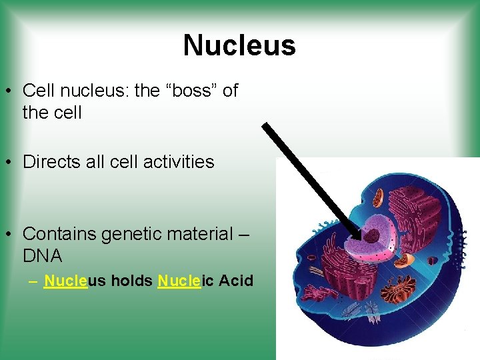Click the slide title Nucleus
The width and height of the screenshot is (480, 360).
239,45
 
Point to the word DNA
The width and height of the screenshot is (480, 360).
42,256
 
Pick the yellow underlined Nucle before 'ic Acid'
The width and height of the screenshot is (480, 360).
179,281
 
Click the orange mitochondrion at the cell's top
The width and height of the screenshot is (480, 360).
377,197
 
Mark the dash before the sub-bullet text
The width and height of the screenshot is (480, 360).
33,281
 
